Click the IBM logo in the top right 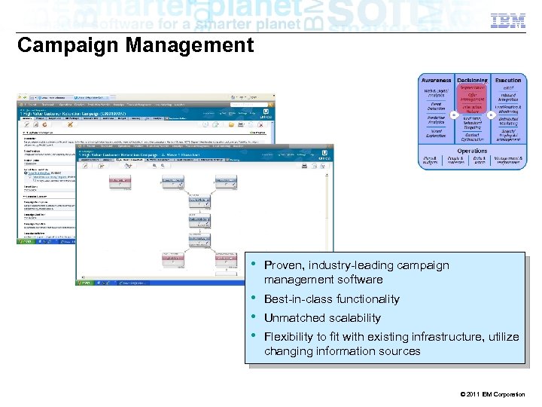point(509,21)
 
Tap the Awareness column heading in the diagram point(436,80)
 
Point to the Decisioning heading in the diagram point(472,80)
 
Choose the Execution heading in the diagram point(508,80)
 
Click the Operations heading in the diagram point(472,151)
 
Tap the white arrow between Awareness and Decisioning point(454,115)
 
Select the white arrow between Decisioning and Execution point(490,115)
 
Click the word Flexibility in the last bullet point(289,337)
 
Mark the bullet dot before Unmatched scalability point(253,317)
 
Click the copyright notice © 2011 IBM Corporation point(491,394)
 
